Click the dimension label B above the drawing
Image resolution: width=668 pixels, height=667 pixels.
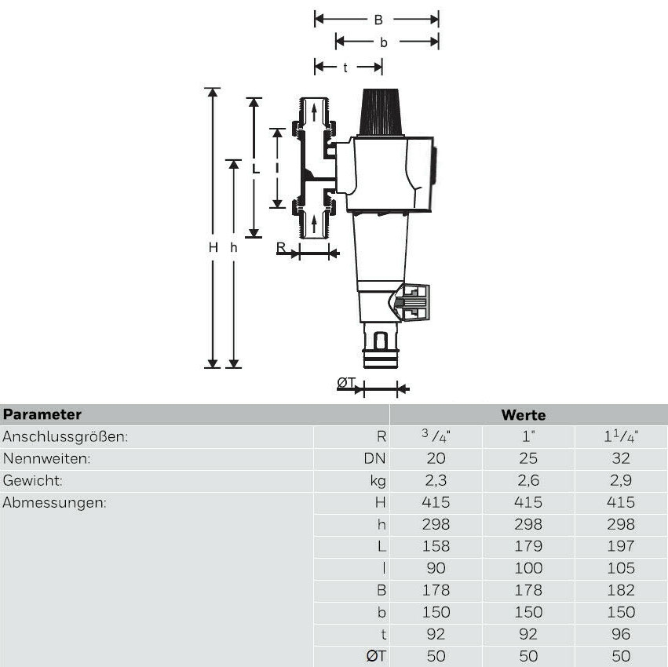pyautogui.click(x=378, y=20)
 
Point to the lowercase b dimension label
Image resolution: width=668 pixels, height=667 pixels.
pyautogui.click(x=383, y=42)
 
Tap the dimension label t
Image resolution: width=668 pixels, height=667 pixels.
pyautogui.click(x=345, y=67)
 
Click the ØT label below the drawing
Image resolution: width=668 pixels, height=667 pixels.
pyautogui.click(x=346, y=383)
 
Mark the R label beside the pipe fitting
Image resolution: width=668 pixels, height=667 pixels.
pyautogui.click(x=281, y=248)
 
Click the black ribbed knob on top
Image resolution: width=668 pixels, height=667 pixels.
pyautogui.click(x=381, y=112)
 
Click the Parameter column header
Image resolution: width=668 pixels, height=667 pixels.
pyautogui.click(x=42, y=414)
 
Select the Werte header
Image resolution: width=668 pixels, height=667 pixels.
pyautogui.click(x=523, y=415)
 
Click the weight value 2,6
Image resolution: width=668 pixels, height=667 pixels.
pyautogui.click(x=526, y=480)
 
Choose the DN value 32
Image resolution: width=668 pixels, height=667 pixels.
pyautogui.click(x=621, y=458)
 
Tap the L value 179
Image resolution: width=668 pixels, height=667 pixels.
pyautogui.click(x=526, y=546)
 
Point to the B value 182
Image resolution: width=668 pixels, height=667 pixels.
pyautogui.click(x=621, y=590)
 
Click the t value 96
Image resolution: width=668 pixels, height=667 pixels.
pyautogui.click(x=621, y=634)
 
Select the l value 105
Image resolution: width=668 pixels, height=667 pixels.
pyautogui.click(x=621, y=568)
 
